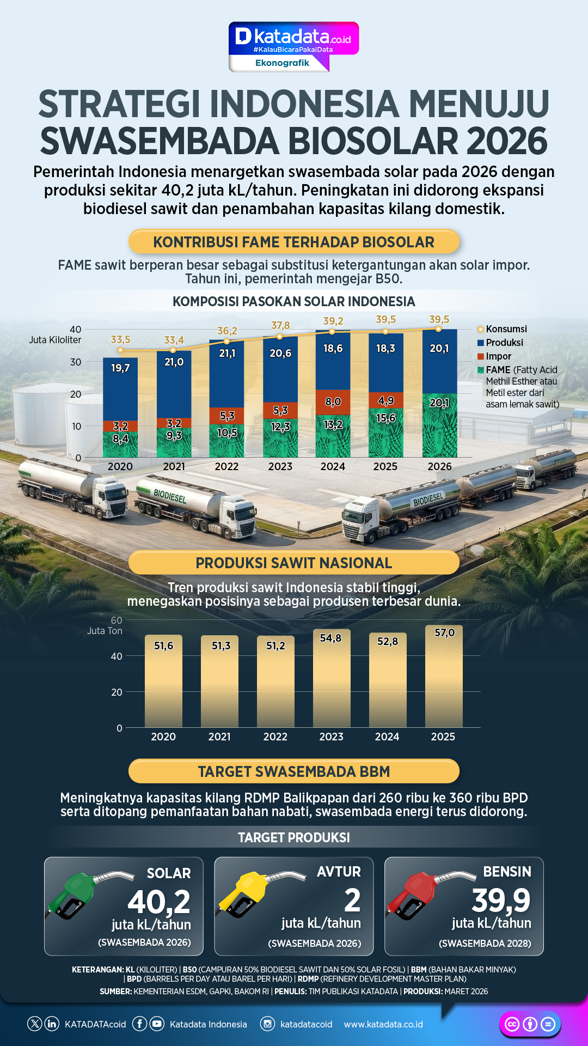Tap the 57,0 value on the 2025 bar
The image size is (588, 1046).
(444, 633)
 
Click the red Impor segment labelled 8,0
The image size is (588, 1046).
(333, 402)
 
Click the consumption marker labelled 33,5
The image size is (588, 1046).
(120, 350)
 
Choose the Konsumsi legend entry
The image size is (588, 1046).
(506, 329)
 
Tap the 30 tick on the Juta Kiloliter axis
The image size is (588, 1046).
(76, 362)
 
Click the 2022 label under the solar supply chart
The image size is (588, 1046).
(226, 466)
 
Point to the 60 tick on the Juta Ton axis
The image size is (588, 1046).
(117, 621)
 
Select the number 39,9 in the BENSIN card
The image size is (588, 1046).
(501, 900)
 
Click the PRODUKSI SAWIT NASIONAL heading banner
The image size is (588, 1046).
(293, 563)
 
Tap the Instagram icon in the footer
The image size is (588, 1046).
(267, 1024)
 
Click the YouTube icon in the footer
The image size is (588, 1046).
(157, 1024)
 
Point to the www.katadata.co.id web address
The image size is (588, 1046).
(383, 1024)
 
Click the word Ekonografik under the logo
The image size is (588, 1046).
(282, 63)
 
